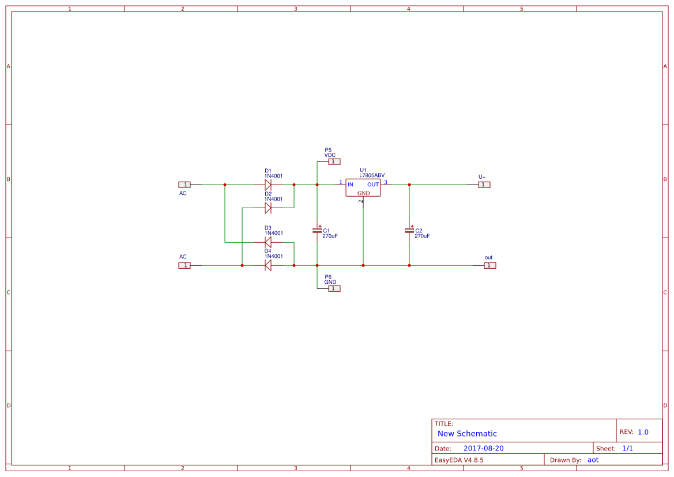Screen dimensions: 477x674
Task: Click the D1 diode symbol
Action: click(268, 185)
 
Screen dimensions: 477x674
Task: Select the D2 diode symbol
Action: click(268, 208)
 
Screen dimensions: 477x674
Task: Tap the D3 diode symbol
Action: click(268, 242)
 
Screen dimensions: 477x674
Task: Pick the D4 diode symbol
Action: click(268, 265)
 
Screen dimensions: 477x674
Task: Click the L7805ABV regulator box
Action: click(363, 187)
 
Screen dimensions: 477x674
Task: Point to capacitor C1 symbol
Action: click(317, 230)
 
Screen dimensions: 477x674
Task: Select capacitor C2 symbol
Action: click(409, 230)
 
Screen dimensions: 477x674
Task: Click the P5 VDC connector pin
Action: click(334, 161)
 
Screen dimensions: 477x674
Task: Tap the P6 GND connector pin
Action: click(334, 288)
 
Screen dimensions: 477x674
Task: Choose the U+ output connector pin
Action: click(484, 185)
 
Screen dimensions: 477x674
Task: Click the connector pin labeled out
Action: click(490, 265)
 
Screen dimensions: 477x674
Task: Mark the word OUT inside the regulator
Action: click(374, 185)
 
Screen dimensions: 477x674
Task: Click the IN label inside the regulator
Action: click(351, 185)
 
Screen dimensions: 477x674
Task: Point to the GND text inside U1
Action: click(364, 193)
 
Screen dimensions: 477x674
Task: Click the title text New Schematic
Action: click(467, 434)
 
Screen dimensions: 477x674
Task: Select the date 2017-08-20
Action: click(483, 448)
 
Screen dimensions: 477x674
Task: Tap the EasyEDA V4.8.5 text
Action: click(459, 460)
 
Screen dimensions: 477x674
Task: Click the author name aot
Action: click(593, 460)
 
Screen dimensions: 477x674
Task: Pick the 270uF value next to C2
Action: click(422, 236)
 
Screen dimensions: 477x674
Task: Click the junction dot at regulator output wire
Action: click(409, 185)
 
